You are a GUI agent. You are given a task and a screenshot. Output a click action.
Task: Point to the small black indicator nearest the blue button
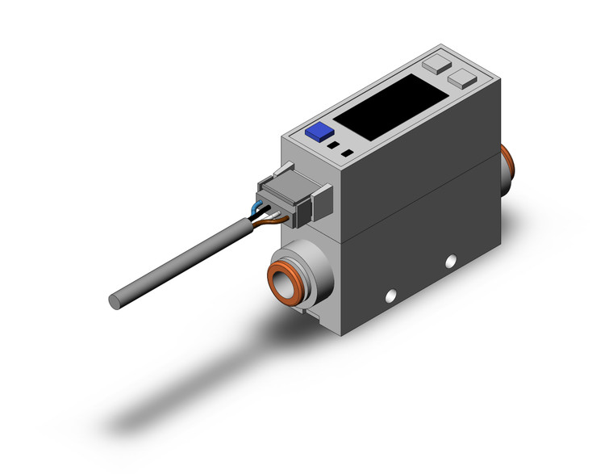(x=332, y=145)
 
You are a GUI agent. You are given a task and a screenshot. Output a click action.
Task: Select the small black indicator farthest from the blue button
(x=347, y=153)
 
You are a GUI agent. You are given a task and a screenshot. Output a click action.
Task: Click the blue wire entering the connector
(x=256, y=208)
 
